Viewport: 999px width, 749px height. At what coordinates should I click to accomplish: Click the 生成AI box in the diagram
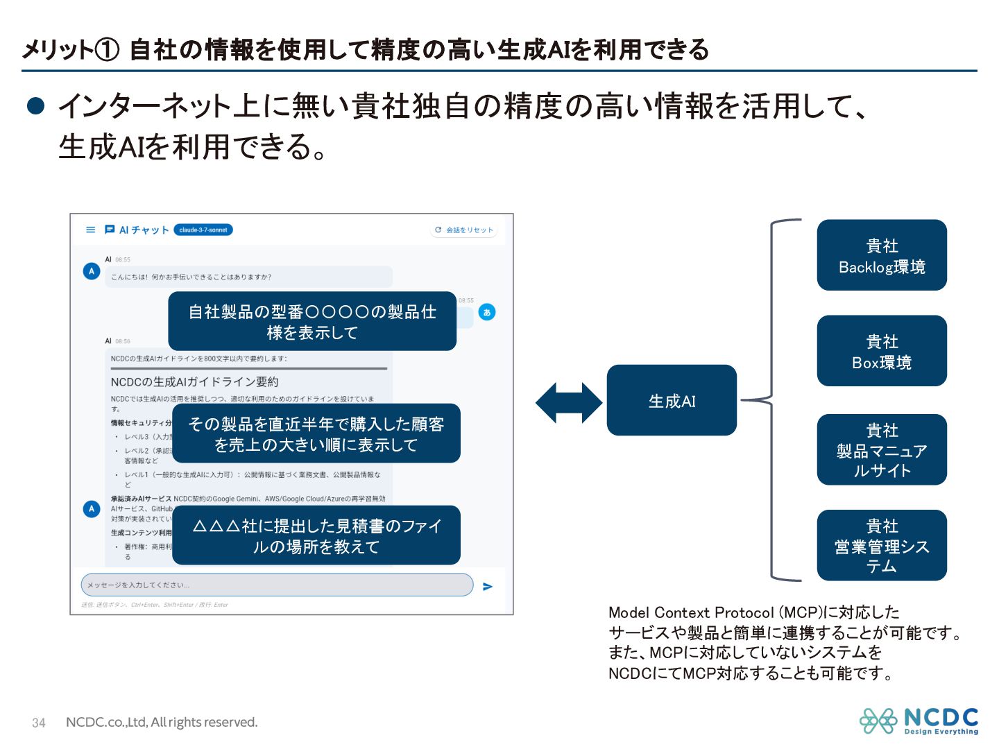point(671,400)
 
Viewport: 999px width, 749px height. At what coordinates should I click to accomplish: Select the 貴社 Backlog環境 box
point(881,255)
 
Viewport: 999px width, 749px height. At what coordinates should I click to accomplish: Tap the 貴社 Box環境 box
point(881,351)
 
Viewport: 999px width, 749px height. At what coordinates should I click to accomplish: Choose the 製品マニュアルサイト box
point(881,449)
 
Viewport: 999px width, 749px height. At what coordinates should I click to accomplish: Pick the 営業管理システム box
point(881,545)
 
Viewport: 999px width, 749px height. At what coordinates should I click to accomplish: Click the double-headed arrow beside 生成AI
point(569,402)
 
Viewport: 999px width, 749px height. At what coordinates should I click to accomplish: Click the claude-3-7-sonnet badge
point(203,230)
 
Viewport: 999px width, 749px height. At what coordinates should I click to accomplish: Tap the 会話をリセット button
point(463,230)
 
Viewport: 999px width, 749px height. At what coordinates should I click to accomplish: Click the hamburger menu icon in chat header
point(91,230)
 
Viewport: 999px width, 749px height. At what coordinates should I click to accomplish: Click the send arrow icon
point(488,587)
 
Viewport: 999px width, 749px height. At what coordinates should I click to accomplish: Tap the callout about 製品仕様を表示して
point(312,322)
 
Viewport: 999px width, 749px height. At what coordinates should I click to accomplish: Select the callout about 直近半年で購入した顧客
point(316,433)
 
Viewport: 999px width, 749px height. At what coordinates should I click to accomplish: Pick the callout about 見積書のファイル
point(316,535)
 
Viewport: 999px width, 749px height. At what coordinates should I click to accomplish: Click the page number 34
point(39,723)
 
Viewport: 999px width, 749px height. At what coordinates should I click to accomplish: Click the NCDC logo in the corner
point(919,721)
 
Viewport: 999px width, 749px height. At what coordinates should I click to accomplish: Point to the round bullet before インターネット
point(35,105)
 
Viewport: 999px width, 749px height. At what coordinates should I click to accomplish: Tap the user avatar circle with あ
point(487,312)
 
